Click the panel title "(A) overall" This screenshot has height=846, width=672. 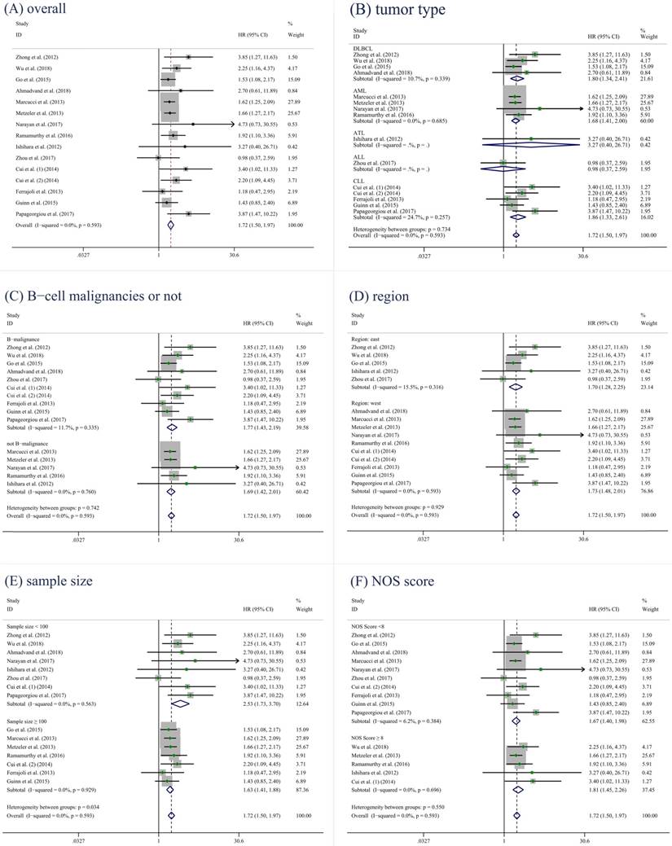coord(38,9)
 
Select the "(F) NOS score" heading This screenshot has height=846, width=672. coord(393,581)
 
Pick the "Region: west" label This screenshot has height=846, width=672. coord(371,402)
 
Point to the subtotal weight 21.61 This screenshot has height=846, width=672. coord(648,79)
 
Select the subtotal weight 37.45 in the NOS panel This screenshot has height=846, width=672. coord(648,788)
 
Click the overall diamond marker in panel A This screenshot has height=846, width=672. coord(170,223)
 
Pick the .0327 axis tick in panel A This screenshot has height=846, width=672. coord(81,254)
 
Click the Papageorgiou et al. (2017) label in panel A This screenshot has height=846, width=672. coord(50,213)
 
